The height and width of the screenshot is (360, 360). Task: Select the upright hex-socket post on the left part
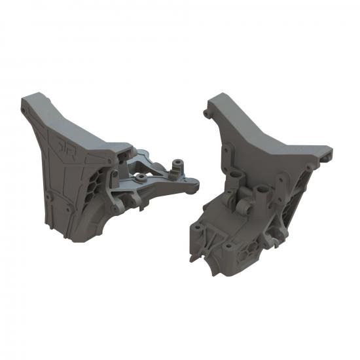click(175, 164)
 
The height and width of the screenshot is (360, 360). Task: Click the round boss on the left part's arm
click(141, 177)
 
